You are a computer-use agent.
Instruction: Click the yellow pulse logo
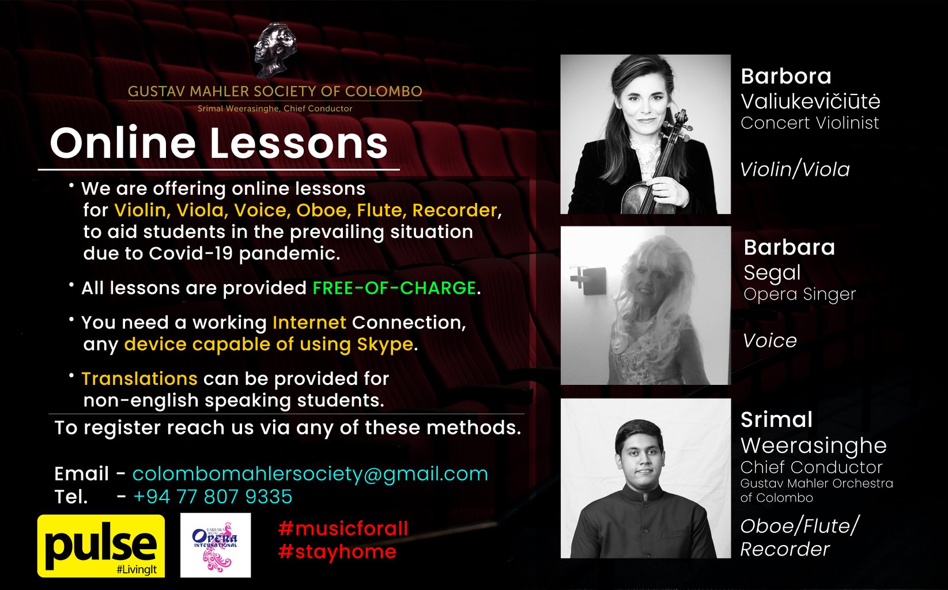pyautogui.click(x=101, y=546)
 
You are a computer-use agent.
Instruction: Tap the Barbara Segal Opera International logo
pyautogui.click(x=216, y=545)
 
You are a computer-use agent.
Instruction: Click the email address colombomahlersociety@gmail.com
pyautogui.click(x=310, y=474)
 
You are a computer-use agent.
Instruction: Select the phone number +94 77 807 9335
pyautogui.click(x=213, y=497)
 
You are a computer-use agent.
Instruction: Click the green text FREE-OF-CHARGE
pyautogui.click(x=394, y=288)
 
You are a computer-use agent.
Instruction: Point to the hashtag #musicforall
pyautogui.click(x=343, y=528)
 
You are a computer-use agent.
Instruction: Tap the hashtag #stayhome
pyautogui.click(x=337, y=551)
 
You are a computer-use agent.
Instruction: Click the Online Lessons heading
pyautogui.click(x=219, y=143)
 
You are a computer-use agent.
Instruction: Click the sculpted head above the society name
pyautogui.click(x=275, y=50)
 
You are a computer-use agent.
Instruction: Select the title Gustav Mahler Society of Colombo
pyautogui.click(x=275, y=92)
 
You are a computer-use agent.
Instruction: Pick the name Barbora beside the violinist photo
pyautogui.click(x=786, y=77)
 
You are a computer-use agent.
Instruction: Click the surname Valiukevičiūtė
pyautogui.click(x=810, y=101)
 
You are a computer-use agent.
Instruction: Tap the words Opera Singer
pyautogui.click(x=799, y=294)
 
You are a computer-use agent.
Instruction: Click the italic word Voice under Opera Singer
pyautogui.click(x=770, y=341)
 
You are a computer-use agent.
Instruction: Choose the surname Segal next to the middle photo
pyautogui.click(x=772, y=273)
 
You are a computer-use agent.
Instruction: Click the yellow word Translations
pyautogui.click(x=139, y=379)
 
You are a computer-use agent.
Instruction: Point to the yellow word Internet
pyautogui.click(x=309, y=323)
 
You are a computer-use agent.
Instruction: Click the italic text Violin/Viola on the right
pyautogui.click(x=795, y=170)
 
